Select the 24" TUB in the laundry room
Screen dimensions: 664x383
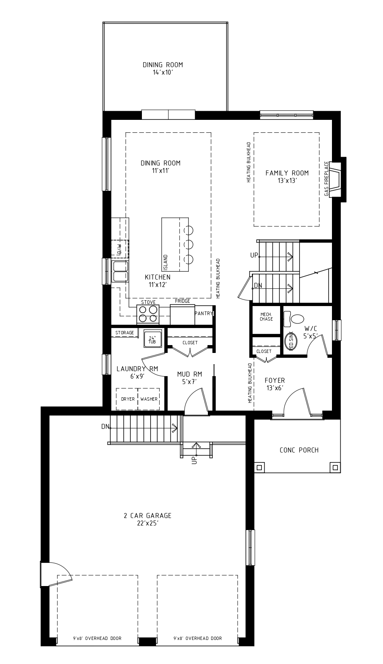[x=151, y=339]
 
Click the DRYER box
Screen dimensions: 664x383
[x=127, y=399]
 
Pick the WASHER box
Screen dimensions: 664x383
[x=149, y=399]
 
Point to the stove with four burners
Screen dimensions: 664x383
[x=148, y=314]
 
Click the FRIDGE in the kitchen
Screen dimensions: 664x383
[x=182, y=314]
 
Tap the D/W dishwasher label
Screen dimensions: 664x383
[x=120, y=249]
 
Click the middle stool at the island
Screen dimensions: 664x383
[x=189, y=244]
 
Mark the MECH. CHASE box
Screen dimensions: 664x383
[x=266, y=317]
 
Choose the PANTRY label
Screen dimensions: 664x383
[x=203, y=314]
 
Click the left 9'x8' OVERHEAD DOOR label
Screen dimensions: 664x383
[x=98, y=638]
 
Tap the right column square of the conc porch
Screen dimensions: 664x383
[x=334, y=467]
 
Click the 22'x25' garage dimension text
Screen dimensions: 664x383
[x=147, y=523]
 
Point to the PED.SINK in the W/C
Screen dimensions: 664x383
[x=290, y=340]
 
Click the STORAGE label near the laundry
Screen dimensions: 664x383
[x=124, y=333]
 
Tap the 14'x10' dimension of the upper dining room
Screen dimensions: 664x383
[x=163, y=73]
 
